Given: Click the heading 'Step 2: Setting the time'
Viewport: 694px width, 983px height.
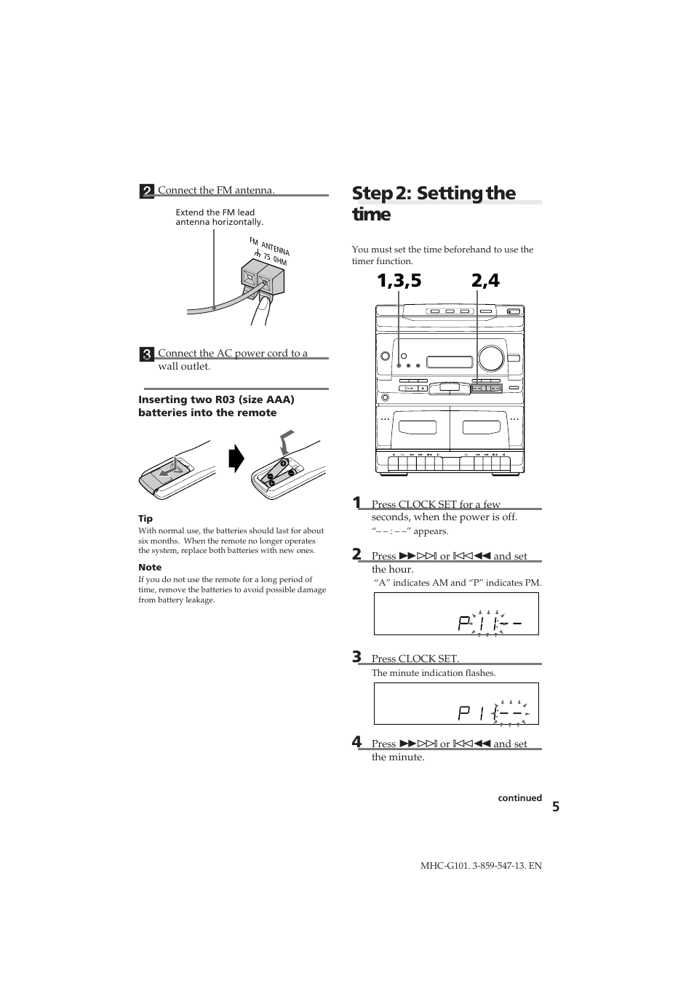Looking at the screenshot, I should point(434,203).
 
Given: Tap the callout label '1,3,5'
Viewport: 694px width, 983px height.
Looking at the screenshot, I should point(399,282).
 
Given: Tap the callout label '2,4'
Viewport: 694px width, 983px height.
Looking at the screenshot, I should point(485,282).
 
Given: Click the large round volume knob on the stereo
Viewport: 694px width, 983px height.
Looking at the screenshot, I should point(492,358).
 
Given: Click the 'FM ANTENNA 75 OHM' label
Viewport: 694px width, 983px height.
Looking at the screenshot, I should point(268,252).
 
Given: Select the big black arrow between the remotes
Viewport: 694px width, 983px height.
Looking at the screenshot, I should point(236,461).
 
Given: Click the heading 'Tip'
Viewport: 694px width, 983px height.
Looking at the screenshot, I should point(145,519).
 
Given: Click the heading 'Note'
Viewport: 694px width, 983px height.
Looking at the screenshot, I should point(150,568).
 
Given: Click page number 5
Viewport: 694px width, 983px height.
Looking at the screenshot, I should point(555,807).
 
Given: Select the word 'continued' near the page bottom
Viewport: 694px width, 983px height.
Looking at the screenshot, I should point(519,798).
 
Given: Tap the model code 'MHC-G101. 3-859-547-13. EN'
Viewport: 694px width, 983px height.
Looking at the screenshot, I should point(481,866).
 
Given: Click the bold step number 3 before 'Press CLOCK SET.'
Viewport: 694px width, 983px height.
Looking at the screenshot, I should point(356,656).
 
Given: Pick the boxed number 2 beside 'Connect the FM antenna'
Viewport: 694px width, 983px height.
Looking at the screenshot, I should point(147,191).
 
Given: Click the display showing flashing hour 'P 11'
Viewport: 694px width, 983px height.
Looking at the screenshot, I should point(456,614).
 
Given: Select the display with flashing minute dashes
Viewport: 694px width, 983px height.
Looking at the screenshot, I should point(456,704).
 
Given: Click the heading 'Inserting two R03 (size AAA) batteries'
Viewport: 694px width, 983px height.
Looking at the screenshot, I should point(216,406).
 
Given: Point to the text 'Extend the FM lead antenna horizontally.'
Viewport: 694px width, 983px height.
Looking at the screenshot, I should point(219,217).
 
